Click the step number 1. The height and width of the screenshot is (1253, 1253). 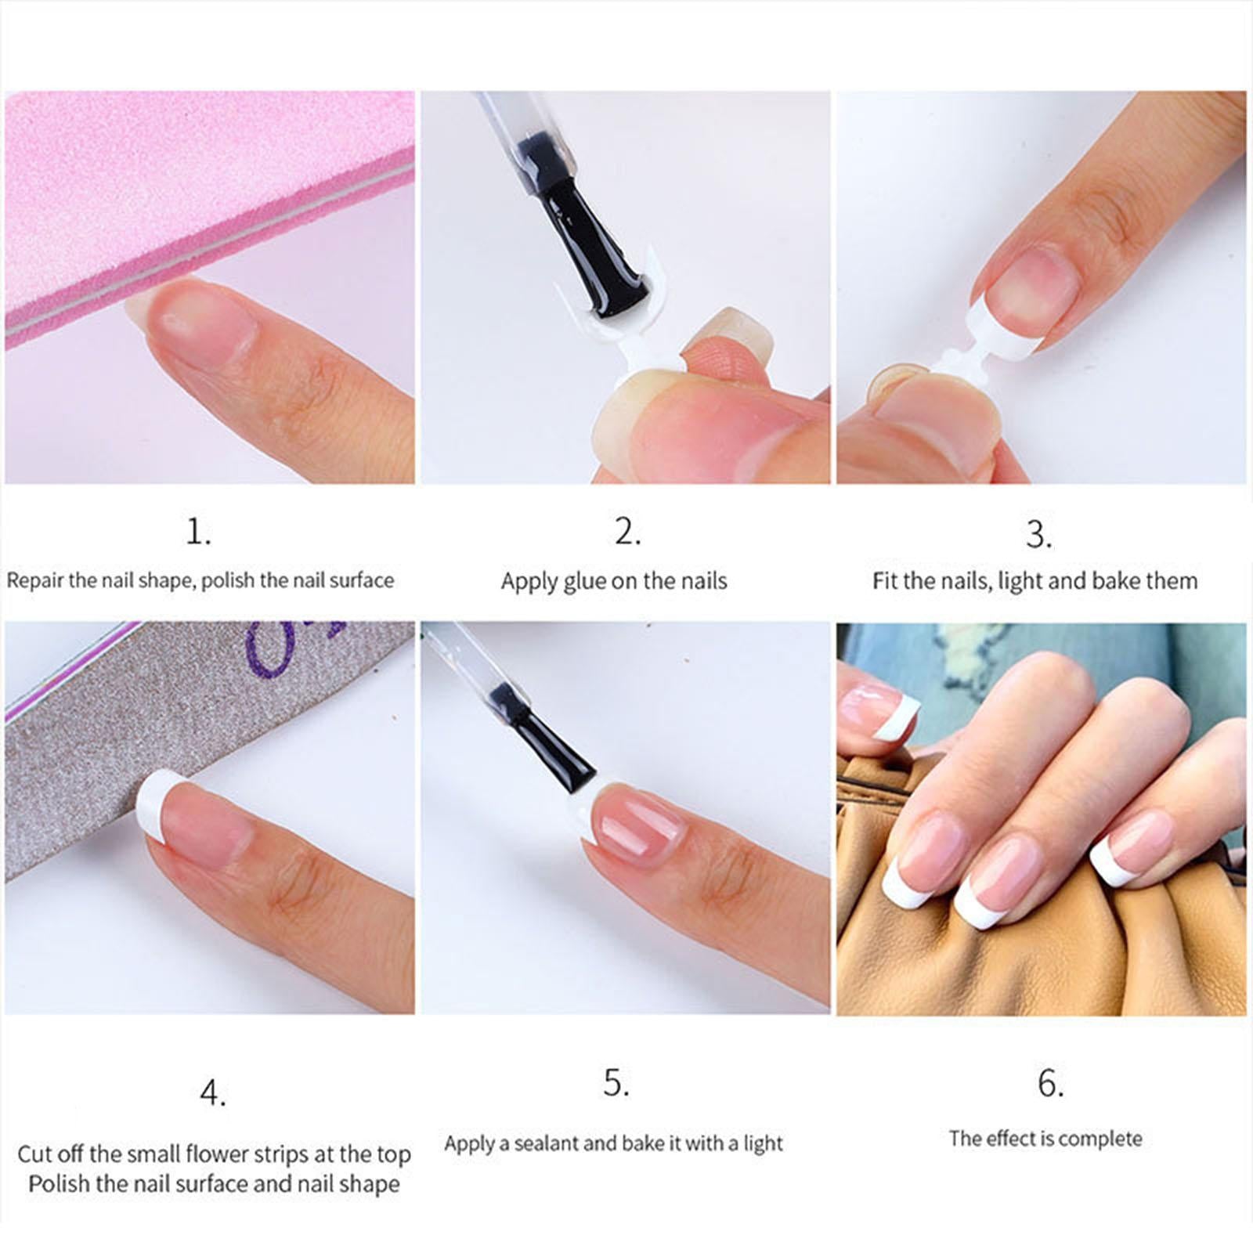pyautogui.click(x=197, y=533)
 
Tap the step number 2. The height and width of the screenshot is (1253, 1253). pyautogui.click(x=626, y=533)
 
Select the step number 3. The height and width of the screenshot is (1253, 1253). pyautogui.click(x=1038, y=535)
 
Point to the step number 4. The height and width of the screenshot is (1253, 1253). pyautogui.click(x=211, y=1093)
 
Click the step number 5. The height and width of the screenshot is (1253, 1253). pyautogui.click(x=616, y=1083)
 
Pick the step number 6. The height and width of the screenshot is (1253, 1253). pyautogui.click(x=1049, y=1084)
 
